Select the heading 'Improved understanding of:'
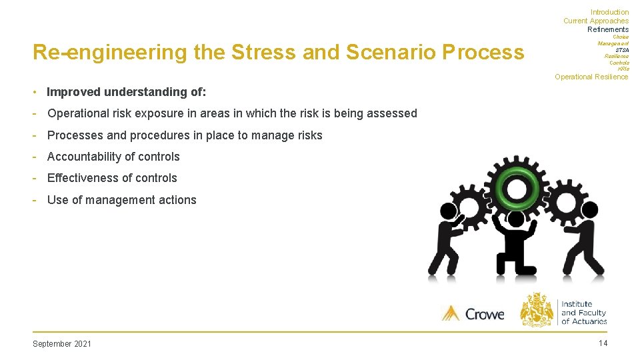click(126, 92)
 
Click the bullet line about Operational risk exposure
click(232, 113)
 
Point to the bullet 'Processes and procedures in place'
click(185, 135)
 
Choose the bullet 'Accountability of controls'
click(113, 157)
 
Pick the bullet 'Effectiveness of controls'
click(112, 178)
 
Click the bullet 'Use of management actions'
click(121, 200)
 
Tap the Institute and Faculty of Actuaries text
click(583, 313)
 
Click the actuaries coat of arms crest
click(537, 310)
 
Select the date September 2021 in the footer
click(62, 344)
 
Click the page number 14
click(603, 343)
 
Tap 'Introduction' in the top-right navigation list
click(609, 12)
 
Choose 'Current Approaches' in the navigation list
click(595, 21)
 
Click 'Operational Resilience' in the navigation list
click(591, 77)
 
